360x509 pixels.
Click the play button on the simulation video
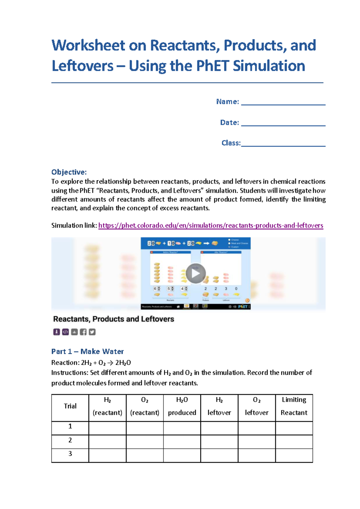[x=196, y=273]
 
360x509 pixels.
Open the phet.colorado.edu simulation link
[x=211, y=225]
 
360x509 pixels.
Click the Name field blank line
[x=283, y=102]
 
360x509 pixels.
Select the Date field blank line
[x=283, y=123]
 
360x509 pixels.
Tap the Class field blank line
[x=283, y=143]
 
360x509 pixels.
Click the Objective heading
[x=69, y=172]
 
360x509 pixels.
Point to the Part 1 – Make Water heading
[x=87, y=351]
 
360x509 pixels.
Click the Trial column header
[x=70, y=406]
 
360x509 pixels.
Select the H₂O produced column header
[x=182, y=406]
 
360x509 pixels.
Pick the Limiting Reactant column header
[x=294, y=406]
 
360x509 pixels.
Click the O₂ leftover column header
[x=257, y=406]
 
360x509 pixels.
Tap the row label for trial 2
[x=70, y=440]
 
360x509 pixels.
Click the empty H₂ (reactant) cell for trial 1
[x=107, y=428]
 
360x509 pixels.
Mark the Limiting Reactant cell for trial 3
[x=294, y=455]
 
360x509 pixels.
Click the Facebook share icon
[x=83, y=332]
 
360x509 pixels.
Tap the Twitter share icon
[x=92, y=332]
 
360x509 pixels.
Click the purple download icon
[x=56, y=332]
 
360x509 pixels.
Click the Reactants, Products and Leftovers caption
[x=114, y=319]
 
